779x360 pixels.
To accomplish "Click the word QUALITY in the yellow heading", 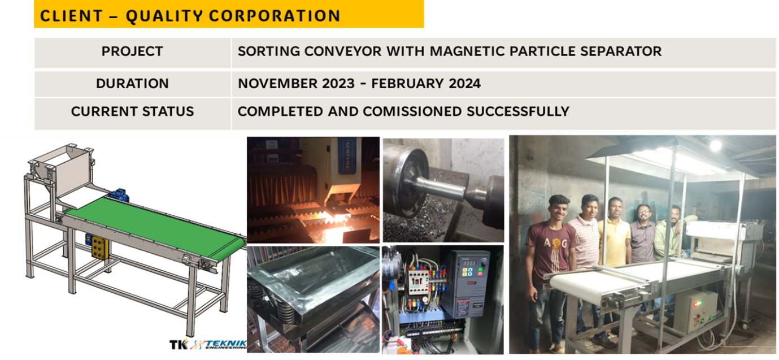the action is (164, 16).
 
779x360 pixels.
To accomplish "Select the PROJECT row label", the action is (132, 51).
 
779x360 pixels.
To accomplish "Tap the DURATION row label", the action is (132, 84).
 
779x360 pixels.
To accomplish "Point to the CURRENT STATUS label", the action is (132, 112).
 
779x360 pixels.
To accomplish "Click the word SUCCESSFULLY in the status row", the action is (518, 112).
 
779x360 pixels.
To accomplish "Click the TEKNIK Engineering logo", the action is (208, 344).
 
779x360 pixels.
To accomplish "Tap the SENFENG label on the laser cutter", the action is (347, 155).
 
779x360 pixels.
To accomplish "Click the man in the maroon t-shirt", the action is (551, 272).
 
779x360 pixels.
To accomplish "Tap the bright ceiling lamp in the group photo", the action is (715, 146).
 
